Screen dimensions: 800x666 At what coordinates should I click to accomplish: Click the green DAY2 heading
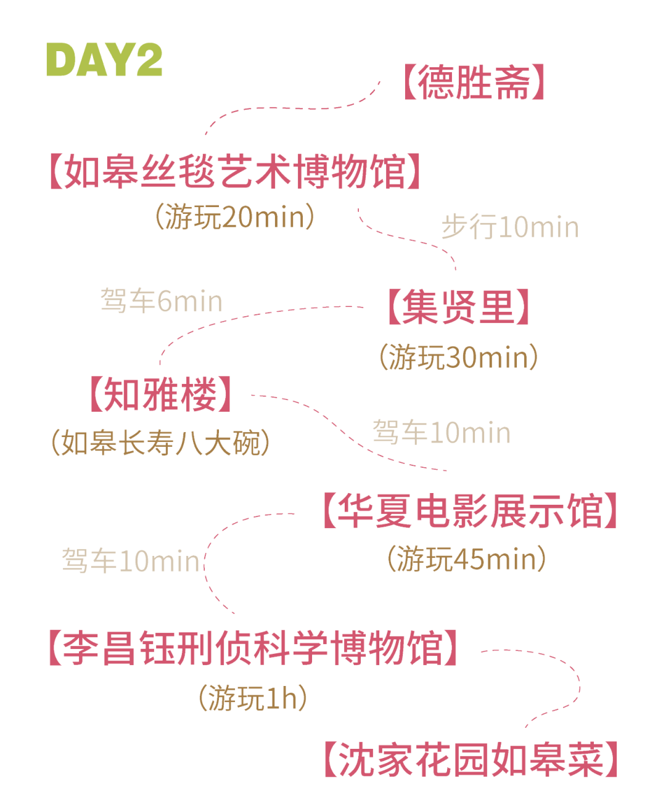pyautogui.click(x=104, y=60)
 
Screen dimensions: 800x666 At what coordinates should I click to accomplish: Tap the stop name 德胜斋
pyautogui.click(x=473, y=83)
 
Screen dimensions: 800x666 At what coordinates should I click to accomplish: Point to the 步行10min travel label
pyautogui.click(x=510, y=227)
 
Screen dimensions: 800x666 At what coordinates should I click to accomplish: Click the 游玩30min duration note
pyautogui.click(x=458, y=357)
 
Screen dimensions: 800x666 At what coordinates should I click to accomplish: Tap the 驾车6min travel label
pyautogui.click(x=161, y=301)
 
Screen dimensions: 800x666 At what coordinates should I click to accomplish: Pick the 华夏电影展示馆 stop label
pyautogui.click(x=469, y=511)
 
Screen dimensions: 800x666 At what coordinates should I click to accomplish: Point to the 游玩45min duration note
pyautogui.click(x=467, y=559)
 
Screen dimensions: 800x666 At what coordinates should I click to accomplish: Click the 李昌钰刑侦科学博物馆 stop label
pyautogui.click(x=253, y=648)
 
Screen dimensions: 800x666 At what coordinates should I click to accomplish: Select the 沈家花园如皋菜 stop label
pyautogui.click(x=471, y=760)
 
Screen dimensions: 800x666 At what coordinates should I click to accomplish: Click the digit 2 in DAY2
pyautogui.click(x=148, y=60)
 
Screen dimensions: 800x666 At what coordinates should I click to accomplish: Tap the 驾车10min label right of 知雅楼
pyautogui.click(x=442, y=433)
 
